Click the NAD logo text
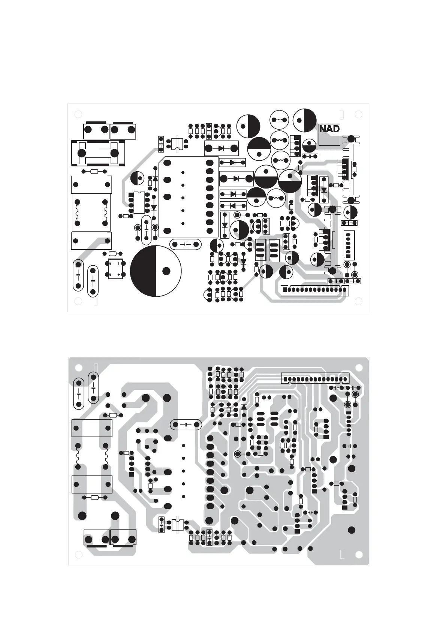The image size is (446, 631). point(329,129)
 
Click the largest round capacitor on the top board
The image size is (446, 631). point(156,271)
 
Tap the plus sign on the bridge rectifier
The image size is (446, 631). point(119,275)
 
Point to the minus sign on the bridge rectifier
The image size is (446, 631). point(119,263)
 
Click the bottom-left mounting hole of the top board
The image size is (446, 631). point(78,301)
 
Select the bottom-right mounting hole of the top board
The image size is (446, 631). point(359,301)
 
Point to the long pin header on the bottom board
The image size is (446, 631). point(315,378)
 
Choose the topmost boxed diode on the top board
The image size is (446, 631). point(222,148)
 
